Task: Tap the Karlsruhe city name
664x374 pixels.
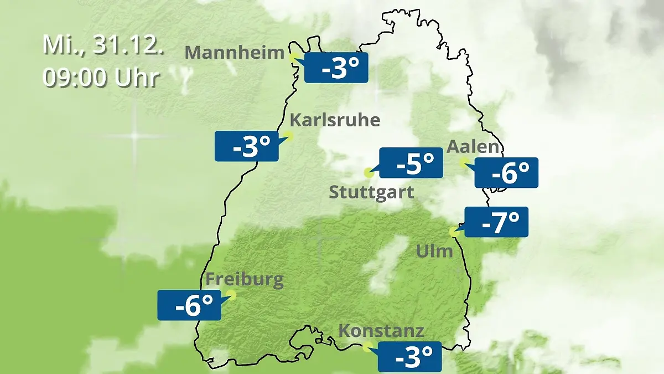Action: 335,120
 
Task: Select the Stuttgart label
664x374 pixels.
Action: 371,193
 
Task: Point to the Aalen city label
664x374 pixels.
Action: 473,147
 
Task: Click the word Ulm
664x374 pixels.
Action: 434,251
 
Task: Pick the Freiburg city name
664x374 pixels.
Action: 245,280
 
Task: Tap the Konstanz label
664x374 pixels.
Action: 381,331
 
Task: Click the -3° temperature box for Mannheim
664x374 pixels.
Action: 336,68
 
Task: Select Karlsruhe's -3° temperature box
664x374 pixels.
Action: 247,146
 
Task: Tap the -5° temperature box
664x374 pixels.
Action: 411,163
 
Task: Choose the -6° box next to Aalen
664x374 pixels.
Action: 506,172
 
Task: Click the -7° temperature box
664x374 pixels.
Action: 496,222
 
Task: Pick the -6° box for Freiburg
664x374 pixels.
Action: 189,305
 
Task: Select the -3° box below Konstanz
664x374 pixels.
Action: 409,356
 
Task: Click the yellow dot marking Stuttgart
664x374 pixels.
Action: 369,173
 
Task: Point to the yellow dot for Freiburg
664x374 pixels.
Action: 231,295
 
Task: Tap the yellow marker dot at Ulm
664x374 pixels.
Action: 454,232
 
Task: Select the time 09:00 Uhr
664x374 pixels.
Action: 101,78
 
